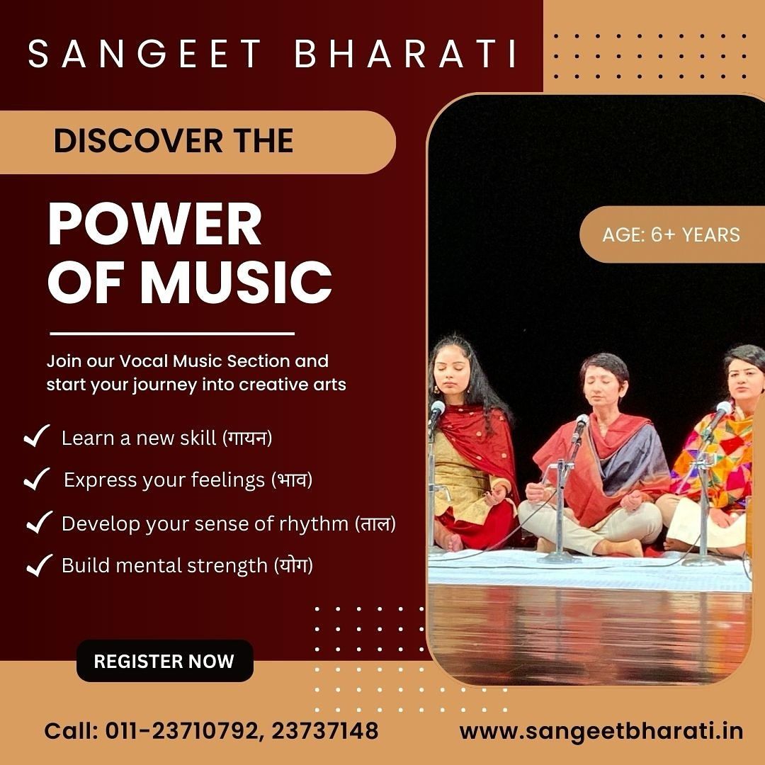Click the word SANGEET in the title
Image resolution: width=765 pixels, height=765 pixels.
pos(145,54)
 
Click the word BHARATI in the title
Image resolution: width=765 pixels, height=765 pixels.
pos(405,54)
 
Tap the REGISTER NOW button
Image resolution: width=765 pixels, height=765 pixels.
pos(165,661)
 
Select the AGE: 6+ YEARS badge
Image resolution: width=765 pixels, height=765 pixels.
pos(671,234)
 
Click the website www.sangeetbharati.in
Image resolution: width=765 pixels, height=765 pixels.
pos(601,731)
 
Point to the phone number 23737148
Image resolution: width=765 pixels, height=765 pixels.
pos(324,731)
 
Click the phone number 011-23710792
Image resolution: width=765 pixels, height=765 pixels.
pos(183,731)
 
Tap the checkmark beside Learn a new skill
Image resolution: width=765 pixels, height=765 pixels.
pos(37,436)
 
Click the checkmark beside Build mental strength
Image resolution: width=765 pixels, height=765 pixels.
pos(40,565)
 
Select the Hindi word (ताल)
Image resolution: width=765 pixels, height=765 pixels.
pos(375,523)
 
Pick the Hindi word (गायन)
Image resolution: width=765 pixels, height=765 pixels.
pos(247,438)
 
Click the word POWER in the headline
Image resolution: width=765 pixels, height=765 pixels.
pos(154,225)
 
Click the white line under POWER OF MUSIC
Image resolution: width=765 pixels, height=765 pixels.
pos(172,334)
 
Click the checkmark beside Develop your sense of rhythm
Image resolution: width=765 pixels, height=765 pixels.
pos(40,523)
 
